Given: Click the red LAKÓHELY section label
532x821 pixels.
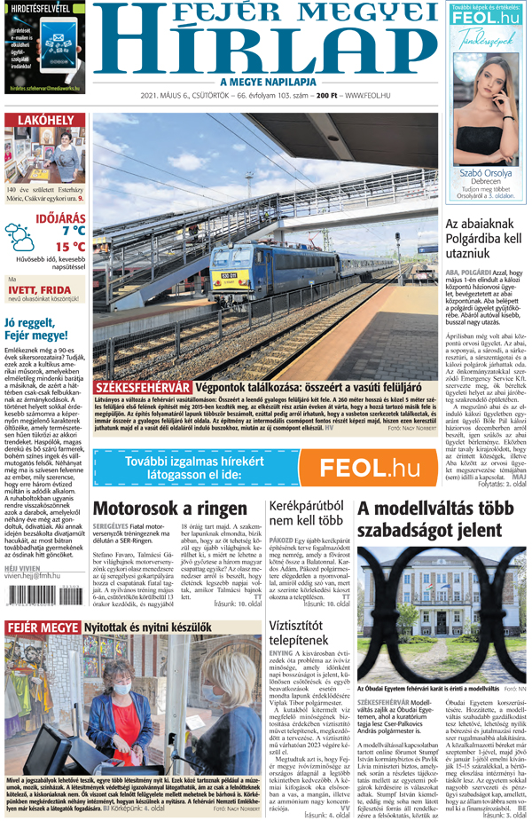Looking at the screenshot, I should click(x=44, y=120).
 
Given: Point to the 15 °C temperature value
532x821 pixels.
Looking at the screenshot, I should click(x=70, y=248).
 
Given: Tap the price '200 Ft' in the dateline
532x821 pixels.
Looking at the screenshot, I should click(x=327, y=96).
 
